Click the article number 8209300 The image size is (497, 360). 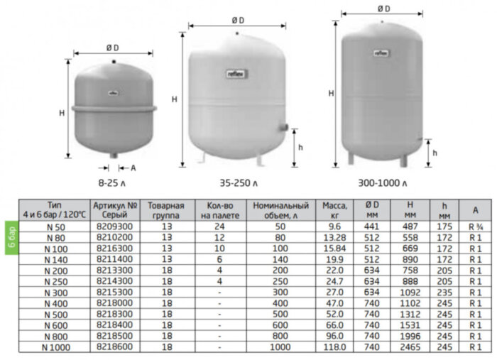114,227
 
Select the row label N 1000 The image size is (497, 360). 56,347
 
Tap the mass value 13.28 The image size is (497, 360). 334,238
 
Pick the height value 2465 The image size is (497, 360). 410,347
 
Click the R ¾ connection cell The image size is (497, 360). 476,227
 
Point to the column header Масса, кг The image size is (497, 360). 334,210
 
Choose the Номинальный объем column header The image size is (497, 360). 281,210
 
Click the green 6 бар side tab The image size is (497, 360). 11,238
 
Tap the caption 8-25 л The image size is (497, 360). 112,183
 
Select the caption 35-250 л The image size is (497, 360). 239,183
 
